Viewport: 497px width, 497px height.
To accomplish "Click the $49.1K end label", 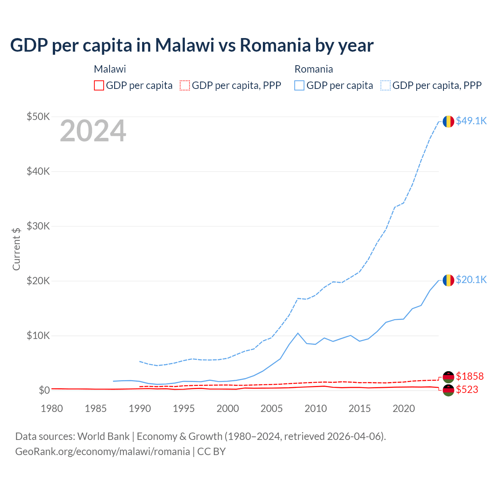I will coord(471,121).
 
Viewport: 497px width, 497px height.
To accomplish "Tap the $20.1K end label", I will coord(471,280).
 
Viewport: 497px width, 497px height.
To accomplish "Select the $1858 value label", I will coord(469,376).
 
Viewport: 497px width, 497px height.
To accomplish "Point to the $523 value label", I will coord(467,389).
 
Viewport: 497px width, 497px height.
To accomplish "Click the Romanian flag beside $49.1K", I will coord(448,121).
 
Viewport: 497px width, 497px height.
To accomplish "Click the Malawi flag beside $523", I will coord(448,390).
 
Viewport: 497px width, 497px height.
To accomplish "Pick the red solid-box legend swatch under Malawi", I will coord(99,85).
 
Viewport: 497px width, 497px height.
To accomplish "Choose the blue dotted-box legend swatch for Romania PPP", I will coord(386,85).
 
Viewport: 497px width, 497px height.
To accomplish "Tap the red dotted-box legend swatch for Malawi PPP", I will coord(185,85).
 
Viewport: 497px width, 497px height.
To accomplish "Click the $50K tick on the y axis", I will coord(38,116).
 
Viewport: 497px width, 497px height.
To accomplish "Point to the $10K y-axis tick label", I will coord(38,335).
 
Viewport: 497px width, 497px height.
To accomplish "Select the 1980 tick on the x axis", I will coord(52,408).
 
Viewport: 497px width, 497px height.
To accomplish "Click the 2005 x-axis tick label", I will coord(272,408).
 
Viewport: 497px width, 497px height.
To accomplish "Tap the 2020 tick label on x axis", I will coord(404,408).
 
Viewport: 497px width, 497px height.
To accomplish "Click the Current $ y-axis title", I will coord(16,249).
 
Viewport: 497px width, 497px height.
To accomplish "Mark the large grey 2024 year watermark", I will coord(93,131).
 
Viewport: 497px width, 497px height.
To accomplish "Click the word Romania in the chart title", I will coord(275,45).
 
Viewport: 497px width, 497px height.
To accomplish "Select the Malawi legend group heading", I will coord(110,69).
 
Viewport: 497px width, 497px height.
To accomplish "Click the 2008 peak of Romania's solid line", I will coord(298,333).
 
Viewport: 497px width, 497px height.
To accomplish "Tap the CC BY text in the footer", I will coord(211,452).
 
